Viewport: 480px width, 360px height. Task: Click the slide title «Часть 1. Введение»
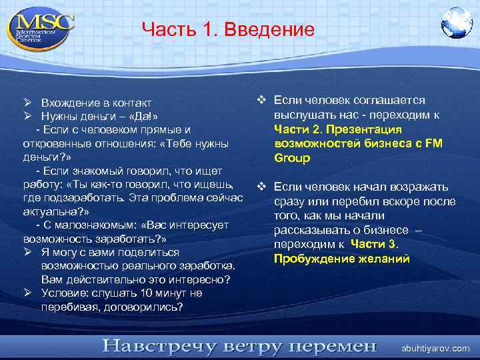(228, 30)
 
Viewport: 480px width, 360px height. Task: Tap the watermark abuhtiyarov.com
(435, 348)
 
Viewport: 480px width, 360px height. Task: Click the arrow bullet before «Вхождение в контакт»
(29, 103)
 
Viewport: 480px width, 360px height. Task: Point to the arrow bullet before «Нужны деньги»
(29, 116)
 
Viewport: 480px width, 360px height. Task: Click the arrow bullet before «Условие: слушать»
(29, 293)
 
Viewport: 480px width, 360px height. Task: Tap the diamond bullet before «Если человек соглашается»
(262, 101)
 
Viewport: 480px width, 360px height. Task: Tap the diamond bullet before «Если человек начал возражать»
(262, 187)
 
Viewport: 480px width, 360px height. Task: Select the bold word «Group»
(292, 159)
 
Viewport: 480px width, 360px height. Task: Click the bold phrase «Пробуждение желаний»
(342, 259)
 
